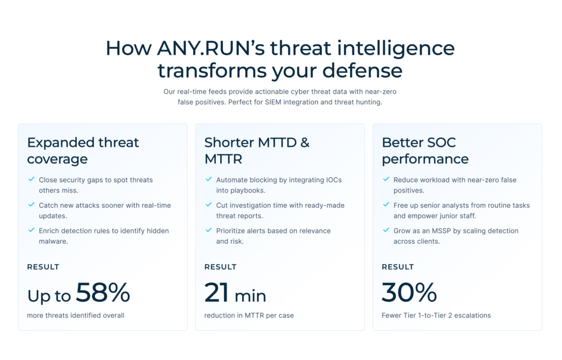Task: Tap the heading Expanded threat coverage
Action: [x=83, y=150]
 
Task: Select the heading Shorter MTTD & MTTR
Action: [x=256, y=150]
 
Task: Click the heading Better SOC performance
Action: [x=425, y=150]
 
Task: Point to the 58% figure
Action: [x=103, y=293]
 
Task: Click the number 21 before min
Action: [x=217, y=293]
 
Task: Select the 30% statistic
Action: [x=409, y=293]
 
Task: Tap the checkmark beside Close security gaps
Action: [x=31, y=179]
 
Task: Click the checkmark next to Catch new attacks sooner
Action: [x=31, y=205]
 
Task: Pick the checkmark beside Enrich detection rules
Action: [x=31, y=230]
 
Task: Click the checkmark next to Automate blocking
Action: [x=209, y=179]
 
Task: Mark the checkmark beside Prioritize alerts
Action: [x=209, y=230]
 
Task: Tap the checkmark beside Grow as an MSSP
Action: [x=386, y=230]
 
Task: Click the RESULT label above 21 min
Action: [x=220, y=267]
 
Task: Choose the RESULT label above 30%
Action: [x=397, y=267]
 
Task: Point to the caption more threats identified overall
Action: [x=76, y=316]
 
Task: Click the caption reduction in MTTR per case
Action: [x=249, y=316]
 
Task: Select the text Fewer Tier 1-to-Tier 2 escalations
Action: [x=436, y=316]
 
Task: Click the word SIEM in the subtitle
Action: [x=267, y=103]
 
